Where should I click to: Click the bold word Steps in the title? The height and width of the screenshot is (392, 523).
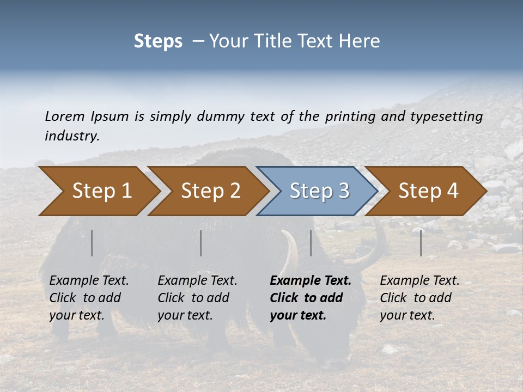pyautogui.click(x=158, y=41)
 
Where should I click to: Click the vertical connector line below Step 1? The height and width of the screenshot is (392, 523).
pyautogui.click(x=92, y=243)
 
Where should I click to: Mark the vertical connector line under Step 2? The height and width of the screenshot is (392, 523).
pyautogui.click(x=201, y=243)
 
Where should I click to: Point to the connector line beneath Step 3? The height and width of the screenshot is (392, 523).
pyautogui.click(x=311, y=243)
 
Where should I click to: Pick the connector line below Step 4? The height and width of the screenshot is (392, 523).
pyautogui.click(x=421, y=243)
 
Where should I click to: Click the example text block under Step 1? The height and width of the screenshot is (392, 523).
pyautogui.click(x=89, y=298)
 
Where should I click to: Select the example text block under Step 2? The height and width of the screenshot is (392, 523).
pyautogui.click(x=197, y=298)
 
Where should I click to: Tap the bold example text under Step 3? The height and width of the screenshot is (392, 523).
pyautogui.click(x=311, y=298)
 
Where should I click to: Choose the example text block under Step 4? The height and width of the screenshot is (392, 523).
pyautogui.click(x=419, y=298)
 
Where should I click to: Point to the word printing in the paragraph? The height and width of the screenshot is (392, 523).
pyautogui.click(x=349, y=116)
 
